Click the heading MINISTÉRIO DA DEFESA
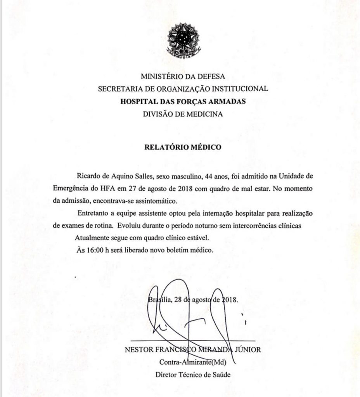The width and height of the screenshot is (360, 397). pyautogui.click(x=183, y=76)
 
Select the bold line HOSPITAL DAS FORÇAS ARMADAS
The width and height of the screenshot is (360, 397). pyautogui.click(x=183, y=102)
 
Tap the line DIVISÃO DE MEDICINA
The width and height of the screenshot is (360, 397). pyautogui.click(x=183, y=114)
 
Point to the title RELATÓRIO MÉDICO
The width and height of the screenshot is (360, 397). pyautogui.click(x=183, y=147)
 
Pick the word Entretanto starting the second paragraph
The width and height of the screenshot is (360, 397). pyautogui.click(x=93, y=214)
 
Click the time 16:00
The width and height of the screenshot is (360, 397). pyautogui.click(x=95, y=250)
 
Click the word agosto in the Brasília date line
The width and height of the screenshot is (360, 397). pyautogui.click(x=198, y=300)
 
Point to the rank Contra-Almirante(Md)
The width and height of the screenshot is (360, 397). pyautogui.click(x=193, y=362)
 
